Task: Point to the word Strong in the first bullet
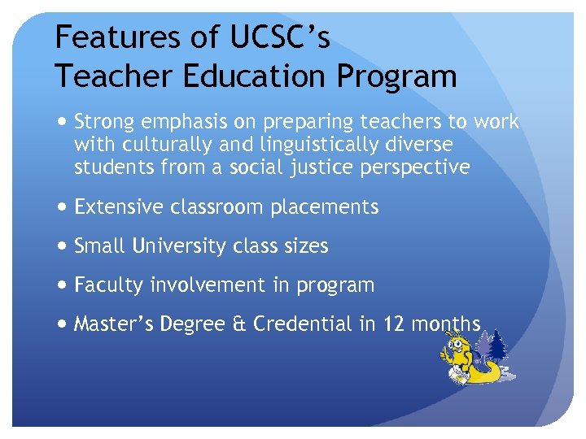104,122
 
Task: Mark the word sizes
305,246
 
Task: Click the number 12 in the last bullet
393,324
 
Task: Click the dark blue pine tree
497,348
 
